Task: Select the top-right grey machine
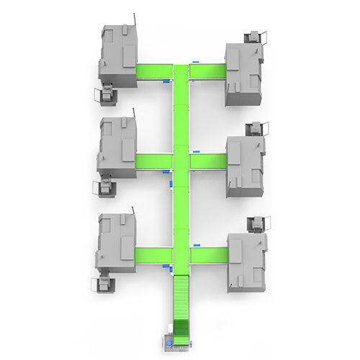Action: (x=244, y=72)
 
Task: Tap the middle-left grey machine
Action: (x=117, y=147)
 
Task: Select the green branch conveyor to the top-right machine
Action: (x=207, y=73)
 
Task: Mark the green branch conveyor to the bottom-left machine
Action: (x=154, y=255)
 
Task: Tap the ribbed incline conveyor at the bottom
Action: (x=181, y=302)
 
